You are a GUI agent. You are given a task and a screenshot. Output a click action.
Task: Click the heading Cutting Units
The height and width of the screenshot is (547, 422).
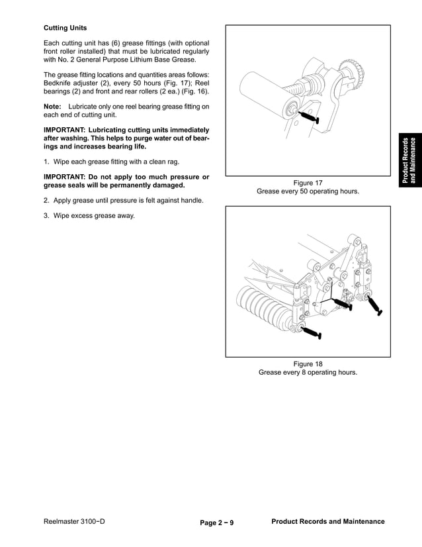[x=65, y=28]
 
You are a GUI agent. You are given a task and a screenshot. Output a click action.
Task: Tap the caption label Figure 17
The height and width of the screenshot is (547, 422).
[x=308, y=183]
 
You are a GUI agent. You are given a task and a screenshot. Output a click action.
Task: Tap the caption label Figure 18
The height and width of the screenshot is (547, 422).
[x=308, y=364]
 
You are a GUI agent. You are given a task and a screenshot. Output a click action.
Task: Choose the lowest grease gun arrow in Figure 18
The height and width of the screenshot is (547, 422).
[x=311, y=332]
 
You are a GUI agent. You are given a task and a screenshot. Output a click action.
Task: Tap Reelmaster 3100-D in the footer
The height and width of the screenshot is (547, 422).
[x=74, y=522]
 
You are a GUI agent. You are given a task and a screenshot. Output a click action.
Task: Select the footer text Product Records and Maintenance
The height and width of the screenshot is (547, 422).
[x=328, y=522]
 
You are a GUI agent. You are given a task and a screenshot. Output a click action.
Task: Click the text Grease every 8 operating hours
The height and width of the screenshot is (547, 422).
[x=308, y=372]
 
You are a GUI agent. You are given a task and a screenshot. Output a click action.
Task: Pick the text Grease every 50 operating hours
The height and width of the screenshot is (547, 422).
[x=308, y=191]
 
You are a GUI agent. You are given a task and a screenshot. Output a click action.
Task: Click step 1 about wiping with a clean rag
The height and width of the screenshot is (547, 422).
[x=106, y=162]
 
